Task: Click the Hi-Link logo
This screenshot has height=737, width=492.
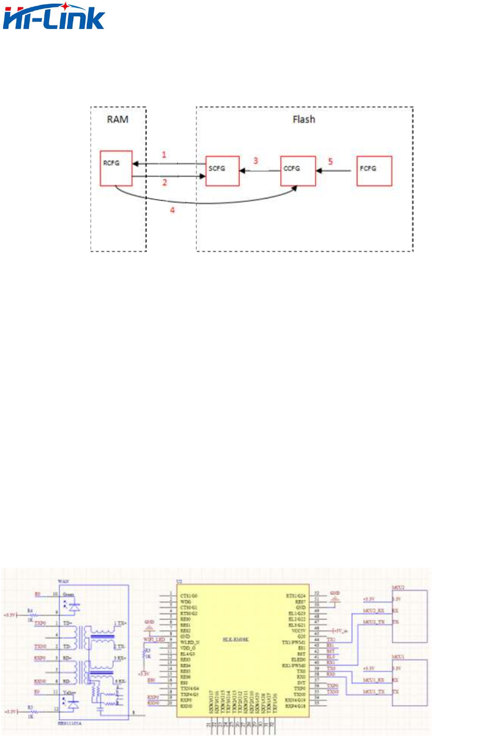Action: click(x=54, y=16)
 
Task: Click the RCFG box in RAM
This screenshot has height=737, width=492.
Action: click(x=116, y=168)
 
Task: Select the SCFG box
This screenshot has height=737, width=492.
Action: click(x=222, y=171)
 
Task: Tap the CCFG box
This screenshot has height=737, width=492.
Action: click(x=298, y=171)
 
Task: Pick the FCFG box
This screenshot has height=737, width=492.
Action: click(x=374, y=171)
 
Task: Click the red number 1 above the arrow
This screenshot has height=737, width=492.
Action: click(x=164, y=155)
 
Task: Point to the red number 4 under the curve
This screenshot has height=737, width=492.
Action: click(x=172, y=210)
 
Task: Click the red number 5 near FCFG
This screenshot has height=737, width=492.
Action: click(x=330, y=161)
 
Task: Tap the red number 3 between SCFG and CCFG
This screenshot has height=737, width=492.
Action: click(x=256, y=160)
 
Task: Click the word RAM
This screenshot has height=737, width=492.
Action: click(x=117, y=120)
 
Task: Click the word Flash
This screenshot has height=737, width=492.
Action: click(x=304, y=120)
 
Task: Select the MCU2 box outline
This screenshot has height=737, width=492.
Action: click(x=410, y=616)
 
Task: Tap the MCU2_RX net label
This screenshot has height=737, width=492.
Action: click(x=374, y=611)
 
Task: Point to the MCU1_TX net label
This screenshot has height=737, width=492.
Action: click(x=374, y=692)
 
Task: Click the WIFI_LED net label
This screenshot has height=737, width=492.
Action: click(x=154, y=640)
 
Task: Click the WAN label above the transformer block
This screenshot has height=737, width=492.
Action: click(x=63, y=582)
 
